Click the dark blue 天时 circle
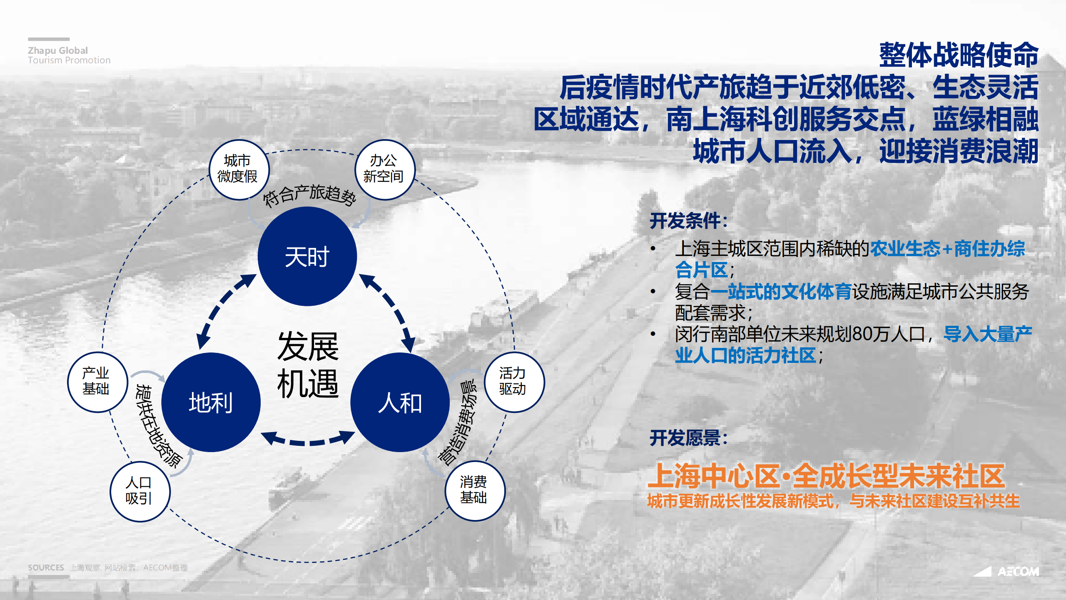(307, 256)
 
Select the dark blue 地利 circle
(211, 402)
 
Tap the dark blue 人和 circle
(400, 402)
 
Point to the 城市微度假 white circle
(239, 170)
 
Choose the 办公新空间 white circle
(384, 170)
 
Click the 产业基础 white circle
(97, 382)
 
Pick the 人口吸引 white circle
(140, 491)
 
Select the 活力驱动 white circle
(514, 382)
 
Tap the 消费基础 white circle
(475, 490)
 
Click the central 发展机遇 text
(308, 365)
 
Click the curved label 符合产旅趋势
(309, 194)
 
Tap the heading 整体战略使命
(958, 55)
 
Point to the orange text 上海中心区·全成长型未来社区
(826, 476)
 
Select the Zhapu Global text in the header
(58, 50)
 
